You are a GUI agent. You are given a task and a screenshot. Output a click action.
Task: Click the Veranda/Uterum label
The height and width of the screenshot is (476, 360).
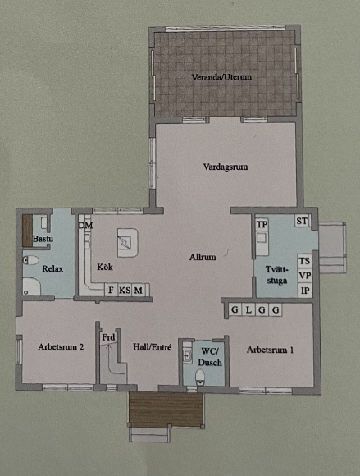(221, 77)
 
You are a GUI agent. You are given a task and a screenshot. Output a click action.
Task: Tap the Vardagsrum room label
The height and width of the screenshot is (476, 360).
(226, 167)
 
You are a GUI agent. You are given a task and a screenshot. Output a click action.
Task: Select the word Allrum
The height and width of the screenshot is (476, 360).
(203, 257)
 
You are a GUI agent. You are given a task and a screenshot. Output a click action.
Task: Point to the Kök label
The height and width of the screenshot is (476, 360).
(105, 267)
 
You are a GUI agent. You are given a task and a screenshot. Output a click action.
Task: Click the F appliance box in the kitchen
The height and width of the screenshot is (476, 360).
(111, 291)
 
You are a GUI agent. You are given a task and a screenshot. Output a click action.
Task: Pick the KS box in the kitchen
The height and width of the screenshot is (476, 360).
(125, 291)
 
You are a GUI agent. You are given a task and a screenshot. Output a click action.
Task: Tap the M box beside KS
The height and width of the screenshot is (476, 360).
(139, 291)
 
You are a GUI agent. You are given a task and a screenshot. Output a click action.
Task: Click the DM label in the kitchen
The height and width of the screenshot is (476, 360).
(85, 226)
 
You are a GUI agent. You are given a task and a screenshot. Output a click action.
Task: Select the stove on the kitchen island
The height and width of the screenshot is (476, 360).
(125, 243)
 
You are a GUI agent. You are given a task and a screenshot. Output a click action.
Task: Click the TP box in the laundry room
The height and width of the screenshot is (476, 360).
(262, 224)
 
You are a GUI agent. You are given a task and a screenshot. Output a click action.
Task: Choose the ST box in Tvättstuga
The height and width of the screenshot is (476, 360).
(302, 221)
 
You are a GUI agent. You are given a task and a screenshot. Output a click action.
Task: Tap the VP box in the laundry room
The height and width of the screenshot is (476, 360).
(305, 275)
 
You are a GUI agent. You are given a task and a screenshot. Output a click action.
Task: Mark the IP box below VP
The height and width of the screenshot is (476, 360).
(305, 291)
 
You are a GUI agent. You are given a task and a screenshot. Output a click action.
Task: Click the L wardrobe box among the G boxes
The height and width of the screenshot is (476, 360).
(248, 310)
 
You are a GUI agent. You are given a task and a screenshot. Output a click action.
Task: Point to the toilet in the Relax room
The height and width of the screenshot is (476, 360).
(31, 260)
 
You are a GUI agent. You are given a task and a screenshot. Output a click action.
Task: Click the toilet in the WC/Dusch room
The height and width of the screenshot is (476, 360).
(200, 377)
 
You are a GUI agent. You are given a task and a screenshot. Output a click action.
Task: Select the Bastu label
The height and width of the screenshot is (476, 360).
(43, 239)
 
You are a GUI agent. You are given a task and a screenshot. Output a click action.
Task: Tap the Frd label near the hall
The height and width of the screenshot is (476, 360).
(108, 337)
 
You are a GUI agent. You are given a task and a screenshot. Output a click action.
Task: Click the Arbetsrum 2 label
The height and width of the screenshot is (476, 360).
(61, 346)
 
